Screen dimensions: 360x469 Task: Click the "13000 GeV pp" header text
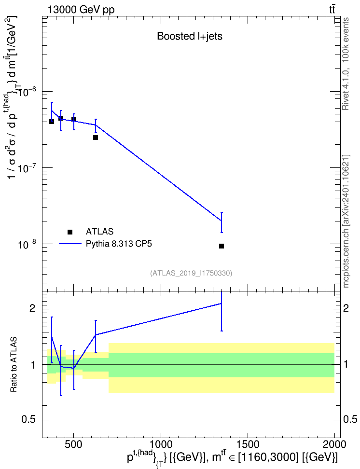[81, 10]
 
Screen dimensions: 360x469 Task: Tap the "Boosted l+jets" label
[190, 36]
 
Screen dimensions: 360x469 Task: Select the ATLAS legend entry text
[99, 232]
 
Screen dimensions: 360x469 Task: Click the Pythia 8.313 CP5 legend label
[119, 244]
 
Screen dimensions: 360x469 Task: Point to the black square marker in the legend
[70, 232]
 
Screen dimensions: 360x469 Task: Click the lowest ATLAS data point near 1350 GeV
[222, 246]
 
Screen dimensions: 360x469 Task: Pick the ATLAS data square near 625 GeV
[96, 138]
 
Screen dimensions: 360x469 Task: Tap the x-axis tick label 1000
[161, 444]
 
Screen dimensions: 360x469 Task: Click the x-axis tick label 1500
[248, 444]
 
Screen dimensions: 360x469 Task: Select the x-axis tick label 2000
[335, 444]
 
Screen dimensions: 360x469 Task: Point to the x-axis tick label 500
[74, 444]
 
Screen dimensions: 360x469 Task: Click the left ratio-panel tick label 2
[32, 308]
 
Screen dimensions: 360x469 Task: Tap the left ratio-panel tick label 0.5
[28, 420]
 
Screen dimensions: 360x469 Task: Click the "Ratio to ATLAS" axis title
[14, 364]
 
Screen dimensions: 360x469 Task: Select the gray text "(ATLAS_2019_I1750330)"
[191, 273]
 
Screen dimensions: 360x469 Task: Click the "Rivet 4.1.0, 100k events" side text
[346, 64]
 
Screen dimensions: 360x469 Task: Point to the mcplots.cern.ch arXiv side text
[346, 221]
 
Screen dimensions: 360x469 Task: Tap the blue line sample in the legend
[70, 244]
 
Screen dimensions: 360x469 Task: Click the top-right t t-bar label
[332, 10]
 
